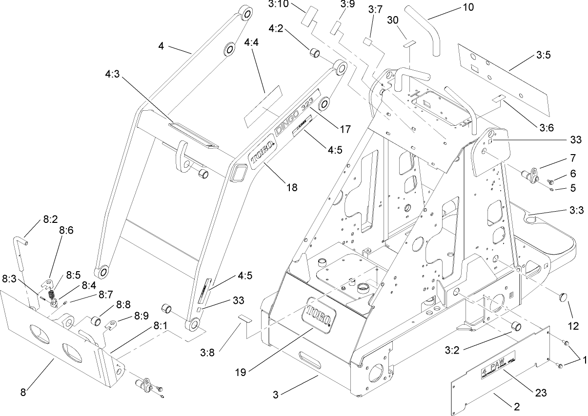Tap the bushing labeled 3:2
(x=515, y=326)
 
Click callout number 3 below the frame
(x=276, y=395)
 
